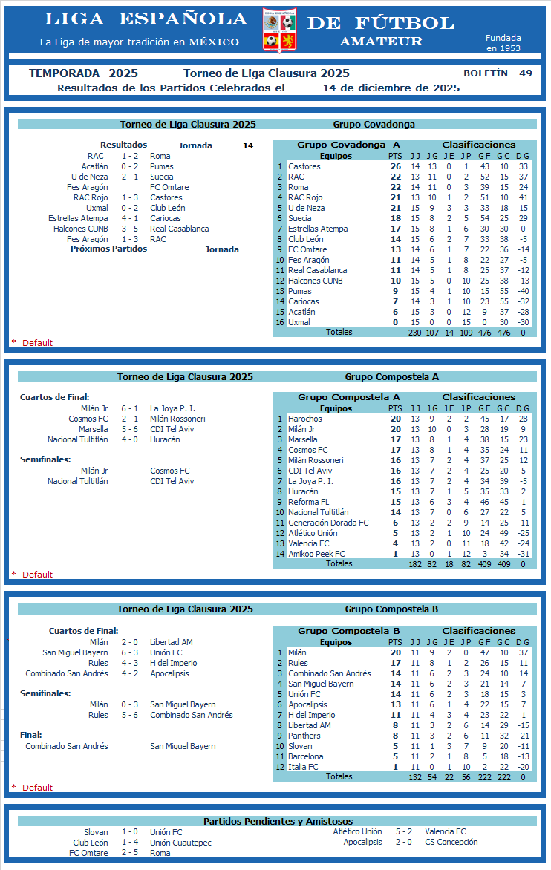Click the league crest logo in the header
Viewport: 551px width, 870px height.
tap(280, 30)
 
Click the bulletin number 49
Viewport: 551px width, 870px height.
tap(526, 73)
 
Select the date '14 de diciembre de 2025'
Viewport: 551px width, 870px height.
tap(391, 88)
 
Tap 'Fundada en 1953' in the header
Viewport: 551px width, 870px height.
tap(503, 43)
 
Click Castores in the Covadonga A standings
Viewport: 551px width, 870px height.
tap(304, 166)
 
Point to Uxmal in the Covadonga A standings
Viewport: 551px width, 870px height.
tap(299, 322)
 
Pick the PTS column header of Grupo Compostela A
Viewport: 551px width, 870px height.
tap(395, 408)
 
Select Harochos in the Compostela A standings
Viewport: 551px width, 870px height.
tap(305, 419)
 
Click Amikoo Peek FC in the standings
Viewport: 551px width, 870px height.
tap(316, 554)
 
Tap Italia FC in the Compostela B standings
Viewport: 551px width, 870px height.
tap(303, 767)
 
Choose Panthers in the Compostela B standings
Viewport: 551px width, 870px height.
tap(304, 736)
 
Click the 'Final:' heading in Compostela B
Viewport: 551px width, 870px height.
tap(30, 735)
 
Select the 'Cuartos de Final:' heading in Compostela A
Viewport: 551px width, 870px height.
tap(54, 398)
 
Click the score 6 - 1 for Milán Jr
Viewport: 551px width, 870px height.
tap(129, 408)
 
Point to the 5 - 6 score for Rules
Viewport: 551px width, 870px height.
tap(129, 715)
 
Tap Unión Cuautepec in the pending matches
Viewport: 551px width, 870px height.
tap(180, 843)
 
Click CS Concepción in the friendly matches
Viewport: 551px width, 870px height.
tap(451, 843)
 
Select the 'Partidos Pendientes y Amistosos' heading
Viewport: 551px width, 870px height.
tap(278, 821)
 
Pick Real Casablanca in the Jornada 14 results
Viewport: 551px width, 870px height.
tap(179, 229)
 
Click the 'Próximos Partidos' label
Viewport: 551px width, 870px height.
tap(108, 249)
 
